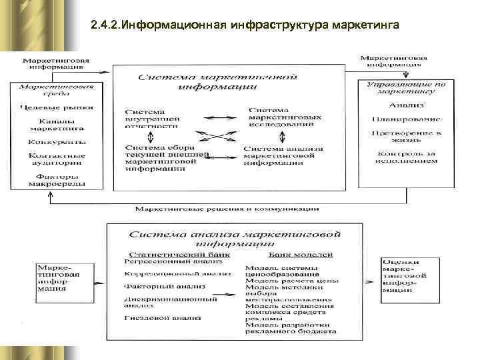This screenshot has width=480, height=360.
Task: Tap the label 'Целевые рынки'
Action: pyautogui.click(x=56, y=107)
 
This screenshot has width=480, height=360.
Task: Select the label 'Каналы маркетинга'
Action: pyautogui.click(x=56, y=125)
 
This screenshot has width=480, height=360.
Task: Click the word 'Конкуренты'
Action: pyautogui.click(x=57, y=142)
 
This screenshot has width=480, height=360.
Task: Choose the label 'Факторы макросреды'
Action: pyautogui.click(x=57, y=179)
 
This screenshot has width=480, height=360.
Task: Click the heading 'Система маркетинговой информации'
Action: pyautogui.click(x=227, y=83)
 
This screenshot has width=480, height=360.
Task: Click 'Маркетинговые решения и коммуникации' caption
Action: pyautogui.click(x=227, y=209)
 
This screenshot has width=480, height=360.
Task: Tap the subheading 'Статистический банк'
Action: pyautogui.click(x=179, y=254)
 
